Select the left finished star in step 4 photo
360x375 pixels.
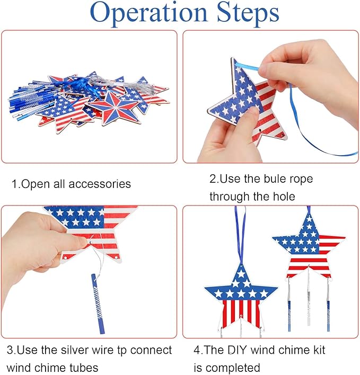click(x=241, y=297)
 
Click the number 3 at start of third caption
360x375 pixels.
click(x=10, y=350)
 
